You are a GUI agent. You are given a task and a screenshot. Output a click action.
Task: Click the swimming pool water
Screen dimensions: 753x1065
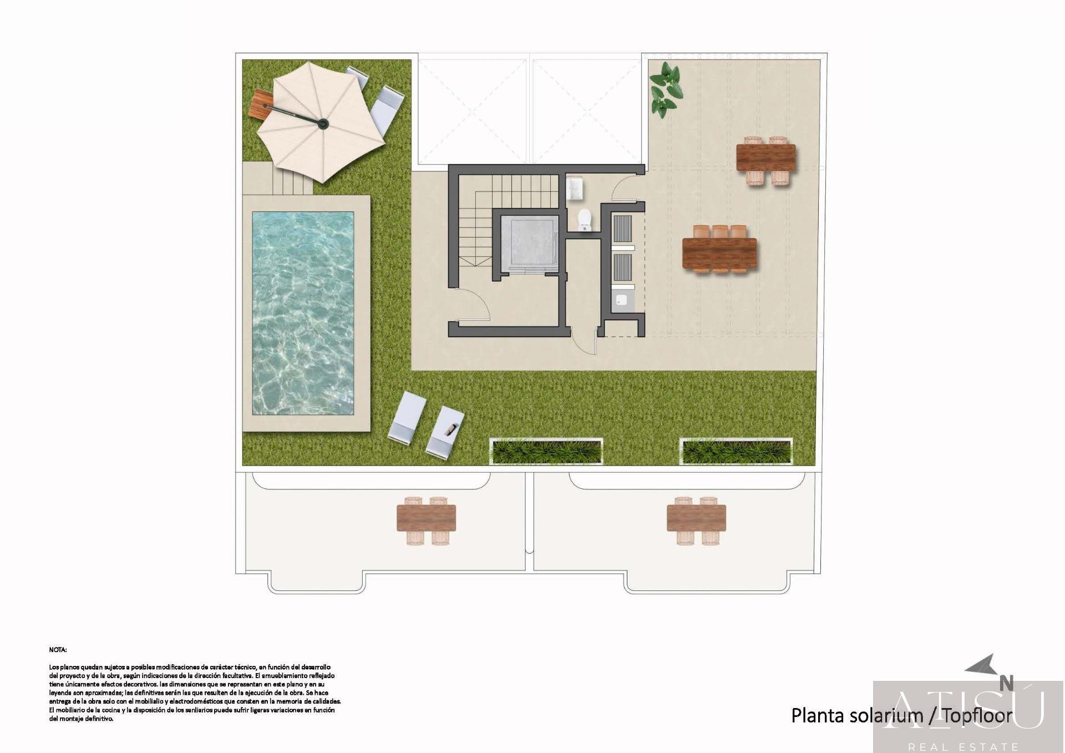tap(303, 313)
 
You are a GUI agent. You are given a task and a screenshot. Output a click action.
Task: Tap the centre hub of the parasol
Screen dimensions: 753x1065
tap(323, 123)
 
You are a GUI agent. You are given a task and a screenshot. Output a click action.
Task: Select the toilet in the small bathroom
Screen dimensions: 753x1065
tap(585, 220)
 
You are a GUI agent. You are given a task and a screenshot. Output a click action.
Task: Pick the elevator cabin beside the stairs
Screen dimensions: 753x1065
tap(529, 243)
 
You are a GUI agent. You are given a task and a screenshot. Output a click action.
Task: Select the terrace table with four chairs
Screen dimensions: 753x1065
tap(765, 158)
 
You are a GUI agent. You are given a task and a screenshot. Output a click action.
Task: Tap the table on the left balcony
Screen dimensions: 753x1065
tap(426, 518)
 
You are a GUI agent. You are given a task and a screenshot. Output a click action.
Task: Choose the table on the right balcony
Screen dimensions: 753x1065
tap(696, 518)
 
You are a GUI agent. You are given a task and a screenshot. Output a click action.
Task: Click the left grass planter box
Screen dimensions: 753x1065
tap(546, 451)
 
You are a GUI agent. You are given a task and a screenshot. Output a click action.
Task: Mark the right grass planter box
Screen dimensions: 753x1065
tap(736, 451)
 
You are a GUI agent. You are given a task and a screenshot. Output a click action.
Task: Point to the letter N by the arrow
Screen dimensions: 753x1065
tap(1006, 683)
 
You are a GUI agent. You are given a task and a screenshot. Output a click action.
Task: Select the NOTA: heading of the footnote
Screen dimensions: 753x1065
tap(58, 649)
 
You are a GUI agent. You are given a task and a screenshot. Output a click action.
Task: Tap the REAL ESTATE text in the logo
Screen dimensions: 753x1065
tap(963, 747)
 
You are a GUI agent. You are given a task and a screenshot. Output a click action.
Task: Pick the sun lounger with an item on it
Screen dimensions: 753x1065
tap(445, 431)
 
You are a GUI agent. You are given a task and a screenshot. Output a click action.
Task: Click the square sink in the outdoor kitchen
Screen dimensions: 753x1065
tap(622, 300)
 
